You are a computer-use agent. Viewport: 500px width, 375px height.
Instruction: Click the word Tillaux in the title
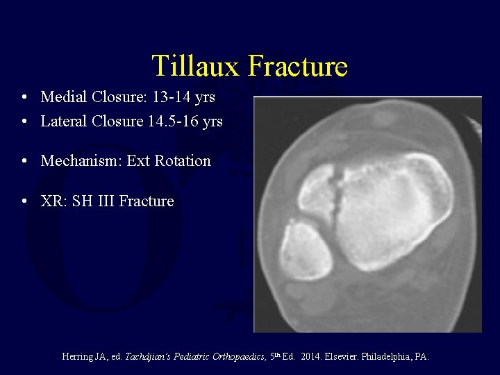(196, 67)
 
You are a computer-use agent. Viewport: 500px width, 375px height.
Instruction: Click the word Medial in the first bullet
(62, 97)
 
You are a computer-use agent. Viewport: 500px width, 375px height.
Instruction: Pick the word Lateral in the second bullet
(64, 122)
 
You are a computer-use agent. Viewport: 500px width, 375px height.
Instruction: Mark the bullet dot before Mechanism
(24, 162)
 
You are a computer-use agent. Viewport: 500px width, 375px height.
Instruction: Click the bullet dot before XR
(24, 202)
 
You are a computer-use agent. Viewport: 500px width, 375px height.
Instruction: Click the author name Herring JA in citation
(87, 357)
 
